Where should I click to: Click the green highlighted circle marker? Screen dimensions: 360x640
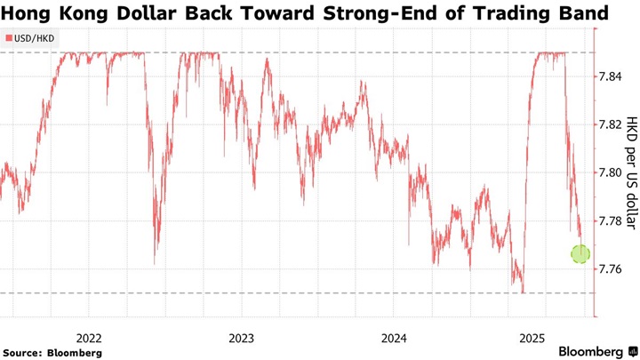click(x=580, y=254)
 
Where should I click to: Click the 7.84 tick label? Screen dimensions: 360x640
click(x=611, y=76)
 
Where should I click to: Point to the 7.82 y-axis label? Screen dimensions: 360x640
click(x=611, y=124)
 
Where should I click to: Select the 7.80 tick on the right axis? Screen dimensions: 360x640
click(x=611, y=172)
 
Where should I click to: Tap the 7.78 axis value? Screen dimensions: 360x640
click(x=611, y=220)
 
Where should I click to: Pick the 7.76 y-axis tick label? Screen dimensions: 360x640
click(x=611, y=268)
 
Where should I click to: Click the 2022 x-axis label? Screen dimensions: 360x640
click(x=89, y=338)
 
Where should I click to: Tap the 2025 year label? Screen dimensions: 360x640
click(x=532, y=338)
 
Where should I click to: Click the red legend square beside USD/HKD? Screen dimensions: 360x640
click(x=9, y=39)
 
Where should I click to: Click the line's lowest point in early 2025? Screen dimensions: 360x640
click(x=524, y=292)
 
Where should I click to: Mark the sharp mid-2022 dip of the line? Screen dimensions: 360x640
click(x=155, y=262)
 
